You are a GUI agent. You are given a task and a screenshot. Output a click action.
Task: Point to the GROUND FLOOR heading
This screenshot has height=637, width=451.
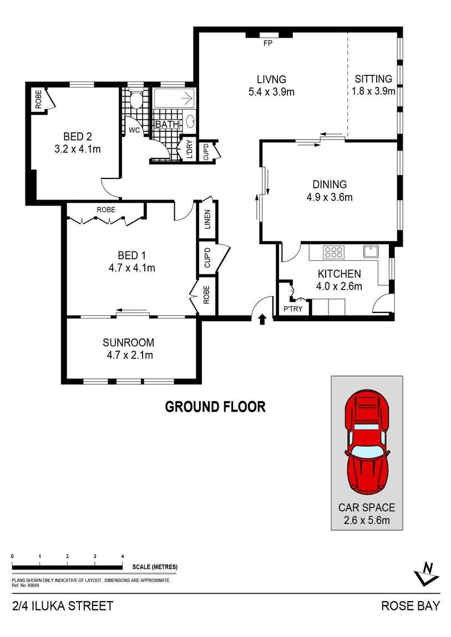[x=215, y=407]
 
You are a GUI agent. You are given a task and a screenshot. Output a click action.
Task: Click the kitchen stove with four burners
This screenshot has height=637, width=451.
[x=333, y=253]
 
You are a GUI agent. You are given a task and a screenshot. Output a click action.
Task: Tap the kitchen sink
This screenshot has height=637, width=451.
[x=371, y=251]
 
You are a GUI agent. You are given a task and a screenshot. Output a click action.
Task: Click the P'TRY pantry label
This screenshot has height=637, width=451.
[x=292, y=309]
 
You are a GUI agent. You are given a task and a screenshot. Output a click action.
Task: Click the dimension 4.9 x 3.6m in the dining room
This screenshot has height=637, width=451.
[x=330, y=197]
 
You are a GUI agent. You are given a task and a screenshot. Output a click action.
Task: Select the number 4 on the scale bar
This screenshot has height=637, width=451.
[x=122, y=556]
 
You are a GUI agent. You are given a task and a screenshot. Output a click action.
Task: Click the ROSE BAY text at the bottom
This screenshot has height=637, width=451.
[x=410, y=605]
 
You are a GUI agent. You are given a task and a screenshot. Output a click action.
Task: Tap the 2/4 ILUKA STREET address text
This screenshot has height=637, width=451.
[x=62, y=605]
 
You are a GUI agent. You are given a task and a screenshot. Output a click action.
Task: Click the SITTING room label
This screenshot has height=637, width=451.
[x=373, y=79]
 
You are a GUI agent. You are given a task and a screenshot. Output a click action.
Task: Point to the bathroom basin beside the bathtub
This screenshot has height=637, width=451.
[x=190, y=121]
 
